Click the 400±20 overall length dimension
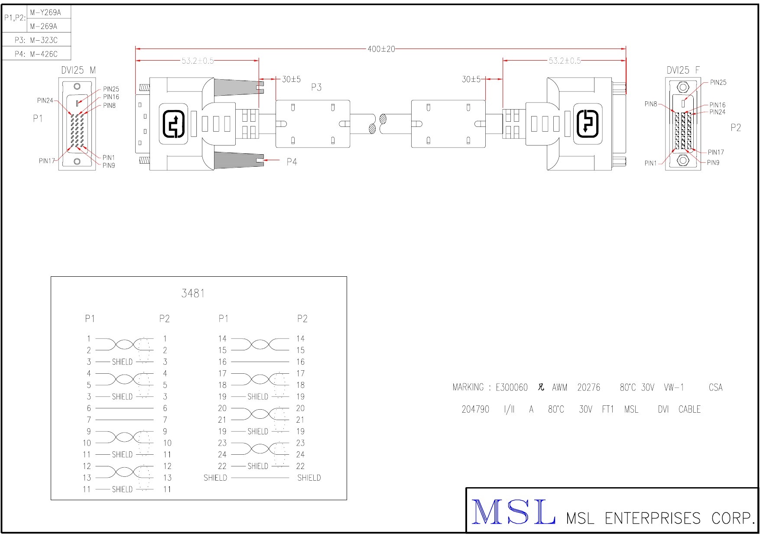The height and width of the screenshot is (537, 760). tap(381, 49)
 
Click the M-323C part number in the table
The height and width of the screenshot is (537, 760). tap(44, 40)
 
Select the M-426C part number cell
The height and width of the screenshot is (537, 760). tap(44, 54)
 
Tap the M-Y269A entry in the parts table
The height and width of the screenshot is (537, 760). tap(45, 13)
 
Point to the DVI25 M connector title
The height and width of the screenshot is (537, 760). tap(78, 70)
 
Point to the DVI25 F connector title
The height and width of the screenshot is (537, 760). tap(683, 70)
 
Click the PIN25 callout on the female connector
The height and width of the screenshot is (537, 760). tap(718, 82)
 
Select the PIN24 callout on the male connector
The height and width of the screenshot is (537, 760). tap(45, 100)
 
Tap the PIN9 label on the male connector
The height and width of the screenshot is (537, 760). tap(109, 165)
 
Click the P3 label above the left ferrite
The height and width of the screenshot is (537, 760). tap(316, 87)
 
